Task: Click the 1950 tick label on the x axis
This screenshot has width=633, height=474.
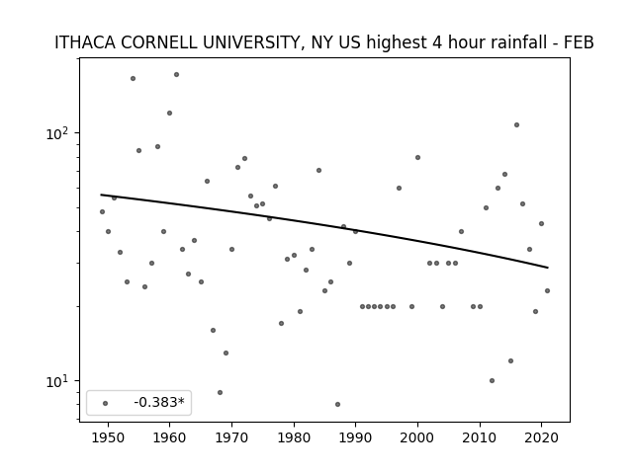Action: [x=108, y=437]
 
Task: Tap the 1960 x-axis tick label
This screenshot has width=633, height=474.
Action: [x=169, y=437]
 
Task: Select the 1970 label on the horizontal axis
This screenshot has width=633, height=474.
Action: [x=231, y=437]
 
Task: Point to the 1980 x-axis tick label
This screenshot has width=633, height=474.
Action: [x=294, y=437]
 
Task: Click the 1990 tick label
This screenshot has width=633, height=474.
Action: [x=356, y=437]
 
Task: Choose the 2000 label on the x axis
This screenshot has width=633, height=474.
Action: [x=417, y=437]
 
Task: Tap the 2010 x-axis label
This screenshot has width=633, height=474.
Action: [x=480, y=437]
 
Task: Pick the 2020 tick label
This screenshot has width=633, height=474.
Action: [x=541, y=437]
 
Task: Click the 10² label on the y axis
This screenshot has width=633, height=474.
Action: [x=58, y=133]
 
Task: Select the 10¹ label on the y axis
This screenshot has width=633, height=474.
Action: [x=58, y=380]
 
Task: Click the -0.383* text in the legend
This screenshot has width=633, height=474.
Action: [x=159, y=402]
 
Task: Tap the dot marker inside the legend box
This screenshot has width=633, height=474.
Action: [x=106, y=403]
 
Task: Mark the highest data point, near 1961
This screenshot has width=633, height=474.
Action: [x=176, y=75]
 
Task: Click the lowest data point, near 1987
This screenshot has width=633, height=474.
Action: [x=337, y=404]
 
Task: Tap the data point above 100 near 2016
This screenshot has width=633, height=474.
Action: [x=516, y=125]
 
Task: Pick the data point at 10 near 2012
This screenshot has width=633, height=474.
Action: [x=492, y=380]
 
